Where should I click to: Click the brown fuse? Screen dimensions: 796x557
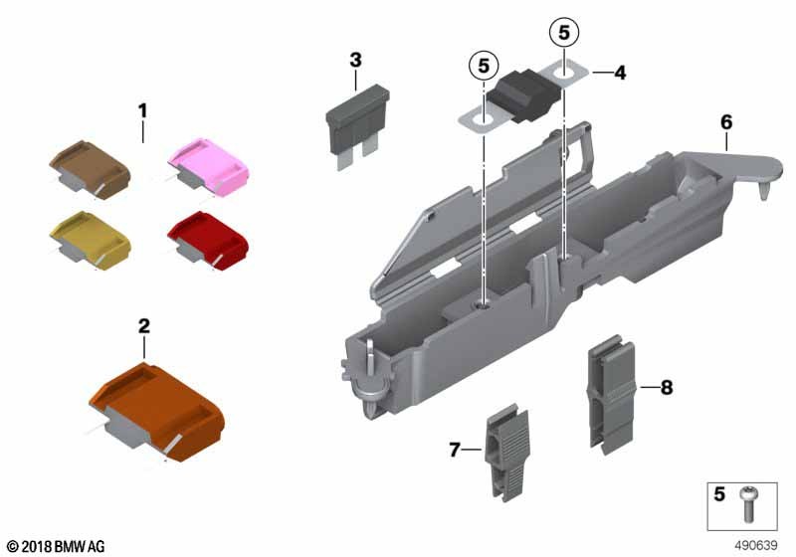pos(90,169)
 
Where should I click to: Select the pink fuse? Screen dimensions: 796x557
pos(208,166)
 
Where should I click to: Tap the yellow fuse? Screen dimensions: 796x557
pos(90,240)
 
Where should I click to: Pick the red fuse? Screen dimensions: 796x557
pos(208,240)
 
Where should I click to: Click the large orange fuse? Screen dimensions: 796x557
pos(156,412)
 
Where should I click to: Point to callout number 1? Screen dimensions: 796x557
pos(142,111)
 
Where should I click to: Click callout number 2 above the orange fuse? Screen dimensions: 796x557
pos(143,326)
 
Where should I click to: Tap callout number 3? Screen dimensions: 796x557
pos(356,60)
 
